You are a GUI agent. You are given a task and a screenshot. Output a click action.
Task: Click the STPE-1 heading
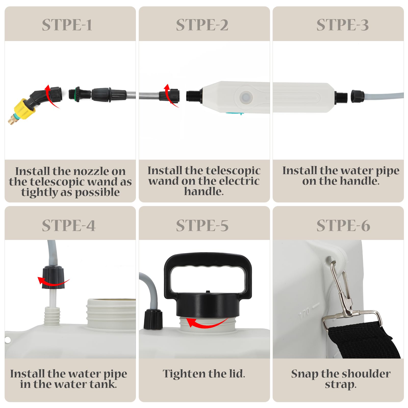(67, 25)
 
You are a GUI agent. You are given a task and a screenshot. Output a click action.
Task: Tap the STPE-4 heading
(69, 226)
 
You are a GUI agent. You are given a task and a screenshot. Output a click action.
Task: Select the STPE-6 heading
(343, 226)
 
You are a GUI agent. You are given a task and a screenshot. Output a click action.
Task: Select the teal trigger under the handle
(234, 113)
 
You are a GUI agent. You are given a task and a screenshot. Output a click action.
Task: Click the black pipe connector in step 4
(53, 277)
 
